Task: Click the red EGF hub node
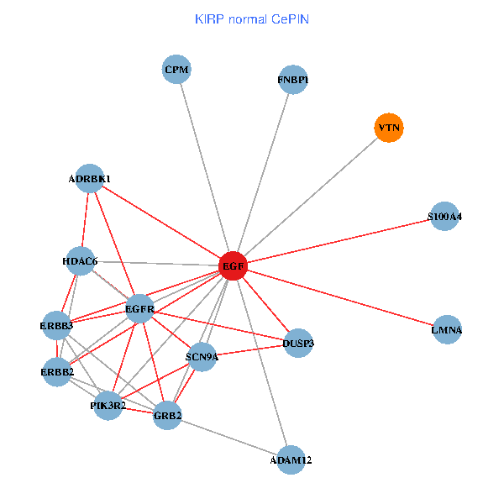[x=233, y=266]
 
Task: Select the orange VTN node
[x=388, y=128]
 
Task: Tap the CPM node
[x=176, y=69]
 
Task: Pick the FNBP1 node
[x=293, y=80]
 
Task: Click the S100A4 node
[x=444, y=216]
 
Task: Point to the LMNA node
[x=447, y=329]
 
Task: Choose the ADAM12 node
[x=291, y=459]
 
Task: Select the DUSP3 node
[x=299, y=343]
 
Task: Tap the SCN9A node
[x=202, y=356]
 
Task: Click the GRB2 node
[x=168, y=415]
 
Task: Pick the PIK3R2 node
[x=108, y=406]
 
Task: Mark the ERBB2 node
[x=57, y=371]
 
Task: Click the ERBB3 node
[x=56, y=325]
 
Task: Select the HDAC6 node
[x=81, y=261]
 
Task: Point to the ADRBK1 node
[x=90, y=178]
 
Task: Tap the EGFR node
[x=139, y=309]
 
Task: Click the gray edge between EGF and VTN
[x=311, y=197]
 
